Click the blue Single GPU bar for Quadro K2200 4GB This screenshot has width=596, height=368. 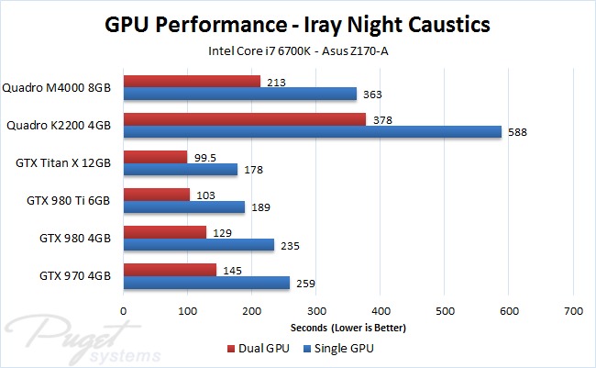pyautogui.click(x=312, y=131)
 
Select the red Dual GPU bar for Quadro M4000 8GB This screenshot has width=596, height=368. pyautogui.click(x=192, y=82)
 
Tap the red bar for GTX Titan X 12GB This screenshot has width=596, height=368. pyautogui.click(x=155, y=157)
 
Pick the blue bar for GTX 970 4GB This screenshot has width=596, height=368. pyautogui.click(x=206, y=283)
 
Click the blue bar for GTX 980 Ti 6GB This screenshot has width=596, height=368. pyautogui.click(x=183, y=207)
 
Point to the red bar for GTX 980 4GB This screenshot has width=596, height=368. pyautogui.click(x=164, y=232)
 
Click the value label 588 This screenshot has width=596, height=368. pyautogui.click(x=518, y=132)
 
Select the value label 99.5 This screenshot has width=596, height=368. pyautogui.click(x=206, y=157)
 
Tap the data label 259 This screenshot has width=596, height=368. pyautogui.click(x=304, y=284)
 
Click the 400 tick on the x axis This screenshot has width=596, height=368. pyautogui.click(x=380, y=311)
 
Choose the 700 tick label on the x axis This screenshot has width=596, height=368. pyautogui.click(x=572, y=311)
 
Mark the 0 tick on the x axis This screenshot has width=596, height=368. pyautogui.click(x=124, y=311)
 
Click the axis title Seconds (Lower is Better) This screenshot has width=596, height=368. pyautogui.click(x=348, y=328)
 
